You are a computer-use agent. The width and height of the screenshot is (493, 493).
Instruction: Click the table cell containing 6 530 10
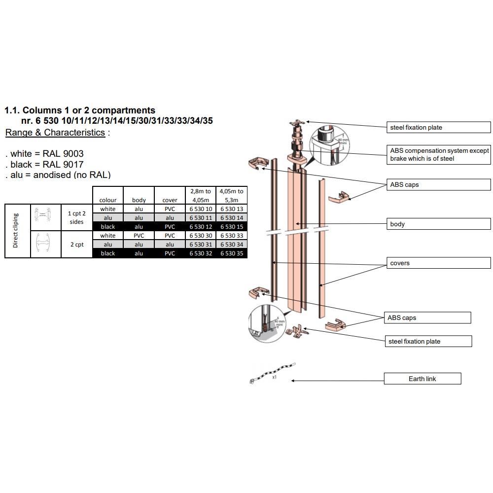(x=201, y=209)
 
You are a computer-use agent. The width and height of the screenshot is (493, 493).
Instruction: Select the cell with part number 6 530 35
(x=232, y=253)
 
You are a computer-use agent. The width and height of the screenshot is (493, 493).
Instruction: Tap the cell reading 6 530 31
(x=201, y=245)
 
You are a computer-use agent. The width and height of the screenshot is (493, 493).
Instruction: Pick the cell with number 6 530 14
(x=232, y=218)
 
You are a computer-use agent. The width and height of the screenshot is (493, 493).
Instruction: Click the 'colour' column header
(x=107, y=200)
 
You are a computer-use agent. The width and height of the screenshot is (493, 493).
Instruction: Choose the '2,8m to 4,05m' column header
(x=201, y=195)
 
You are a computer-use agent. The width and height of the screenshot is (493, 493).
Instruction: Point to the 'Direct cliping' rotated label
(x=15, y=231)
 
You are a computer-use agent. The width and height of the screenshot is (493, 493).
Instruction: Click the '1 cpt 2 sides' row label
(x=76, y=217)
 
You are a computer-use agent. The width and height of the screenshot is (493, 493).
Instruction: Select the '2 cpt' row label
(x=76, y=244)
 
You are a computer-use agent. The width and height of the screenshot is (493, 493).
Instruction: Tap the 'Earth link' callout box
(x=423, y=379)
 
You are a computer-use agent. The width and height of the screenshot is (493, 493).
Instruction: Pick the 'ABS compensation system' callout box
(x=439, y=154)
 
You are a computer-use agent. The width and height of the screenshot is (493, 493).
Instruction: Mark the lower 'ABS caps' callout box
(x=427, y=318)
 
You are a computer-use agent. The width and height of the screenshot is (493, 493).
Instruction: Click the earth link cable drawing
(x=272, y=373)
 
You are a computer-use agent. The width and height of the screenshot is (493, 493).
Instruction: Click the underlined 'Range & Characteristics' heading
(x=55, y=132)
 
